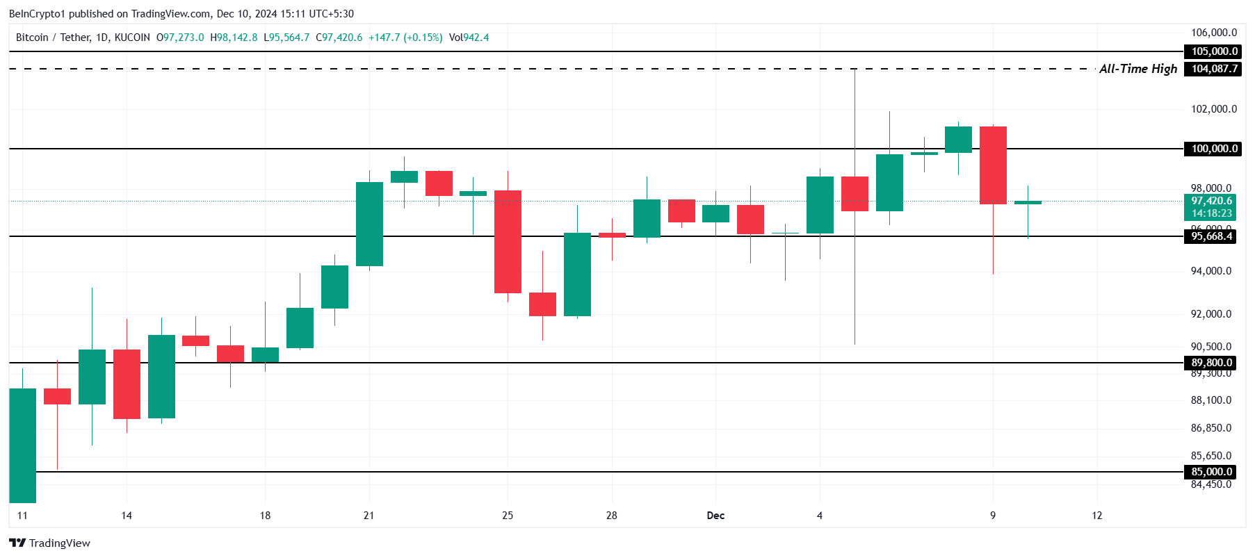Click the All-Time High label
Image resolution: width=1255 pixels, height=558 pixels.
coord(1137,69)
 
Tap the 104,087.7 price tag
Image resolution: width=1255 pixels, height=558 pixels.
coord(1214,69)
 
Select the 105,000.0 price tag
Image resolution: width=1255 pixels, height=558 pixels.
coord(1214,51)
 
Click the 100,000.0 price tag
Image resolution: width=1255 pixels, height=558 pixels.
coord(1214,149)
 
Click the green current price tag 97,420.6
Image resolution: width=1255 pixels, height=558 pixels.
coord(1211,207)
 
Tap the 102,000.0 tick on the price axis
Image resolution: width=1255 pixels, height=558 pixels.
coord(1214,109)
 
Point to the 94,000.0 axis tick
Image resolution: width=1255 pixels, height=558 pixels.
coord(1211,271)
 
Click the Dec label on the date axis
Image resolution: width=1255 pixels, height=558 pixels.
coord(715,516)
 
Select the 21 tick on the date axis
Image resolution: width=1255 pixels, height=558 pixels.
coord(369,516)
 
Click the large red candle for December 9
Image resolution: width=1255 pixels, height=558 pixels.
coord(993,165)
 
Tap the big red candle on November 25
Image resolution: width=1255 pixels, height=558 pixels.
coord(508,242)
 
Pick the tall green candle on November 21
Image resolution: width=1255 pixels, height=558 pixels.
coord(369,224)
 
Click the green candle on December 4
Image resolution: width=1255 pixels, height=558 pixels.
coord(820,205)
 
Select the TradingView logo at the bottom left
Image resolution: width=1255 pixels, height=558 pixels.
coord(50,543)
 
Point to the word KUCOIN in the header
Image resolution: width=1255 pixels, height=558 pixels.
coord(132,38)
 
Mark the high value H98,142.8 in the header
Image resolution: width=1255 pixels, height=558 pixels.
coord(234,38)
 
